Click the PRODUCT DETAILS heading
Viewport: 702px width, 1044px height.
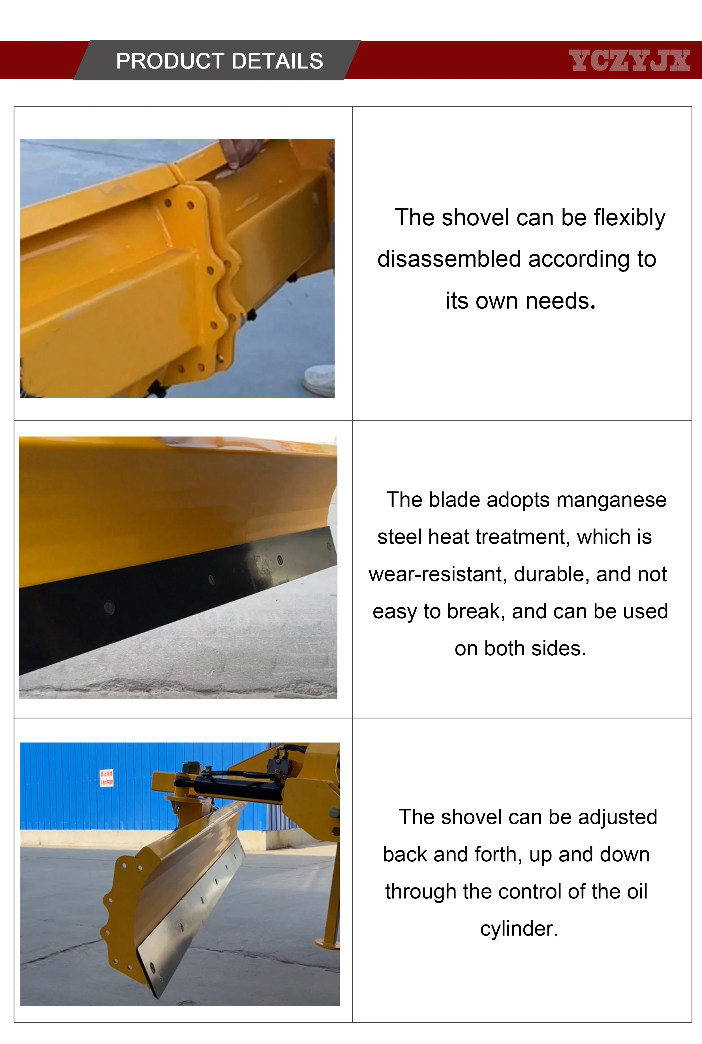click(219, 61)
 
